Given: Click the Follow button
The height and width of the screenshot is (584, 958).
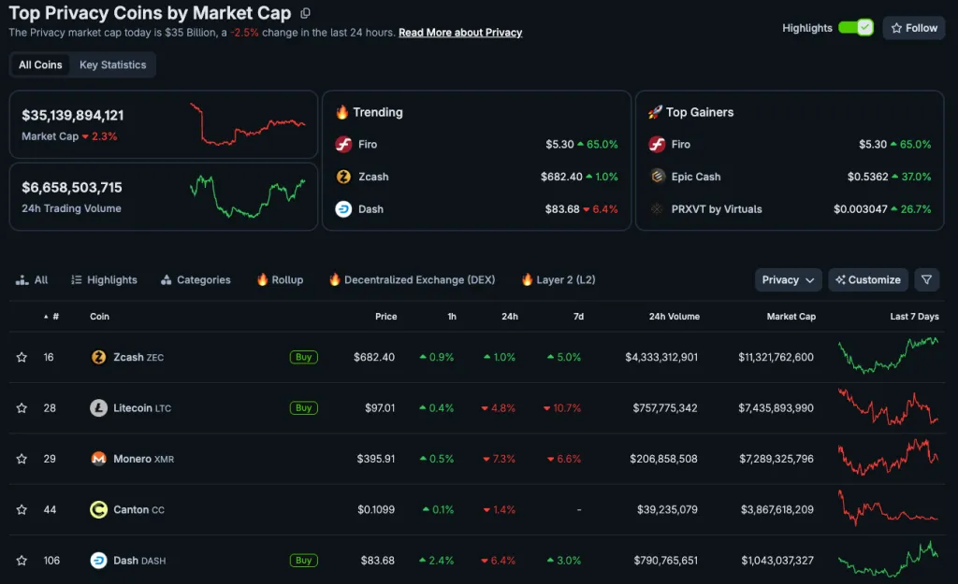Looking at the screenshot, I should click(913, 28).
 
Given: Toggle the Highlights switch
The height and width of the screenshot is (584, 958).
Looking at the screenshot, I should click(855, 28).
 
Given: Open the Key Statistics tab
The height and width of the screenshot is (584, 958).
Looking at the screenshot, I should click(112, 65).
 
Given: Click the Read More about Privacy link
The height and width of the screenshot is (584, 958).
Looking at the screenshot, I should click(460, 33).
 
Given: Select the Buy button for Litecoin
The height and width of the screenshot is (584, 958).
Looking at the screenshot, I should click(303, 407).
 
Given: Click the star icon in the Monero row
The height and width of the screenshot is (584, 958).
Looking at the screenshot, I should click(22, 459).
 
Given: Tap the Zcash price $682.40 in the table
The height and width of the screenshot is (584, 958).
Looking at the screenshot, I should click(374, 357).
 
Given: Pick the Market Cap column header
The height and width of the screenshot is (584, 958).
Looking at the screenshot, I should click(791, 317).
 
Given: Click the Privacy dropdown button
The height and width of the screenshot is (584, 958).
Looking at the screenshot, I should click(789, 279).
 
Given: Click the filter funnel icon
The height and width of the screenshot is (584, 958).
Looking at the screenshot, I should click(925, 279).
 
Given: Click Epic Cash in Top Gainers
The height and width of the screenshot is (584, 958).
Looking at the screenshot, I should click(695, 177).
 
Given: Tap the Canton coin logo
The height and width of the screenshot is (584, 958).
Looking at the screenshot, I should click(98, 509).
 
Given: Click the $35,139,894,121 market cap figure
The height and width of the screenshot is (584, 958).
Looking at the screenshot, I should click(73, 116).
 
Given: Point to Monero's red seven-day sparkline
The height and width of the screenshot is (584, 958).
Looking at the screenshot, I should click(888, 458).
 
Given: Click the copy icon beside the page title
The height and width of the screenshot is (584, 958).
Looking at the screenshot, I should click(306, 13).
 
